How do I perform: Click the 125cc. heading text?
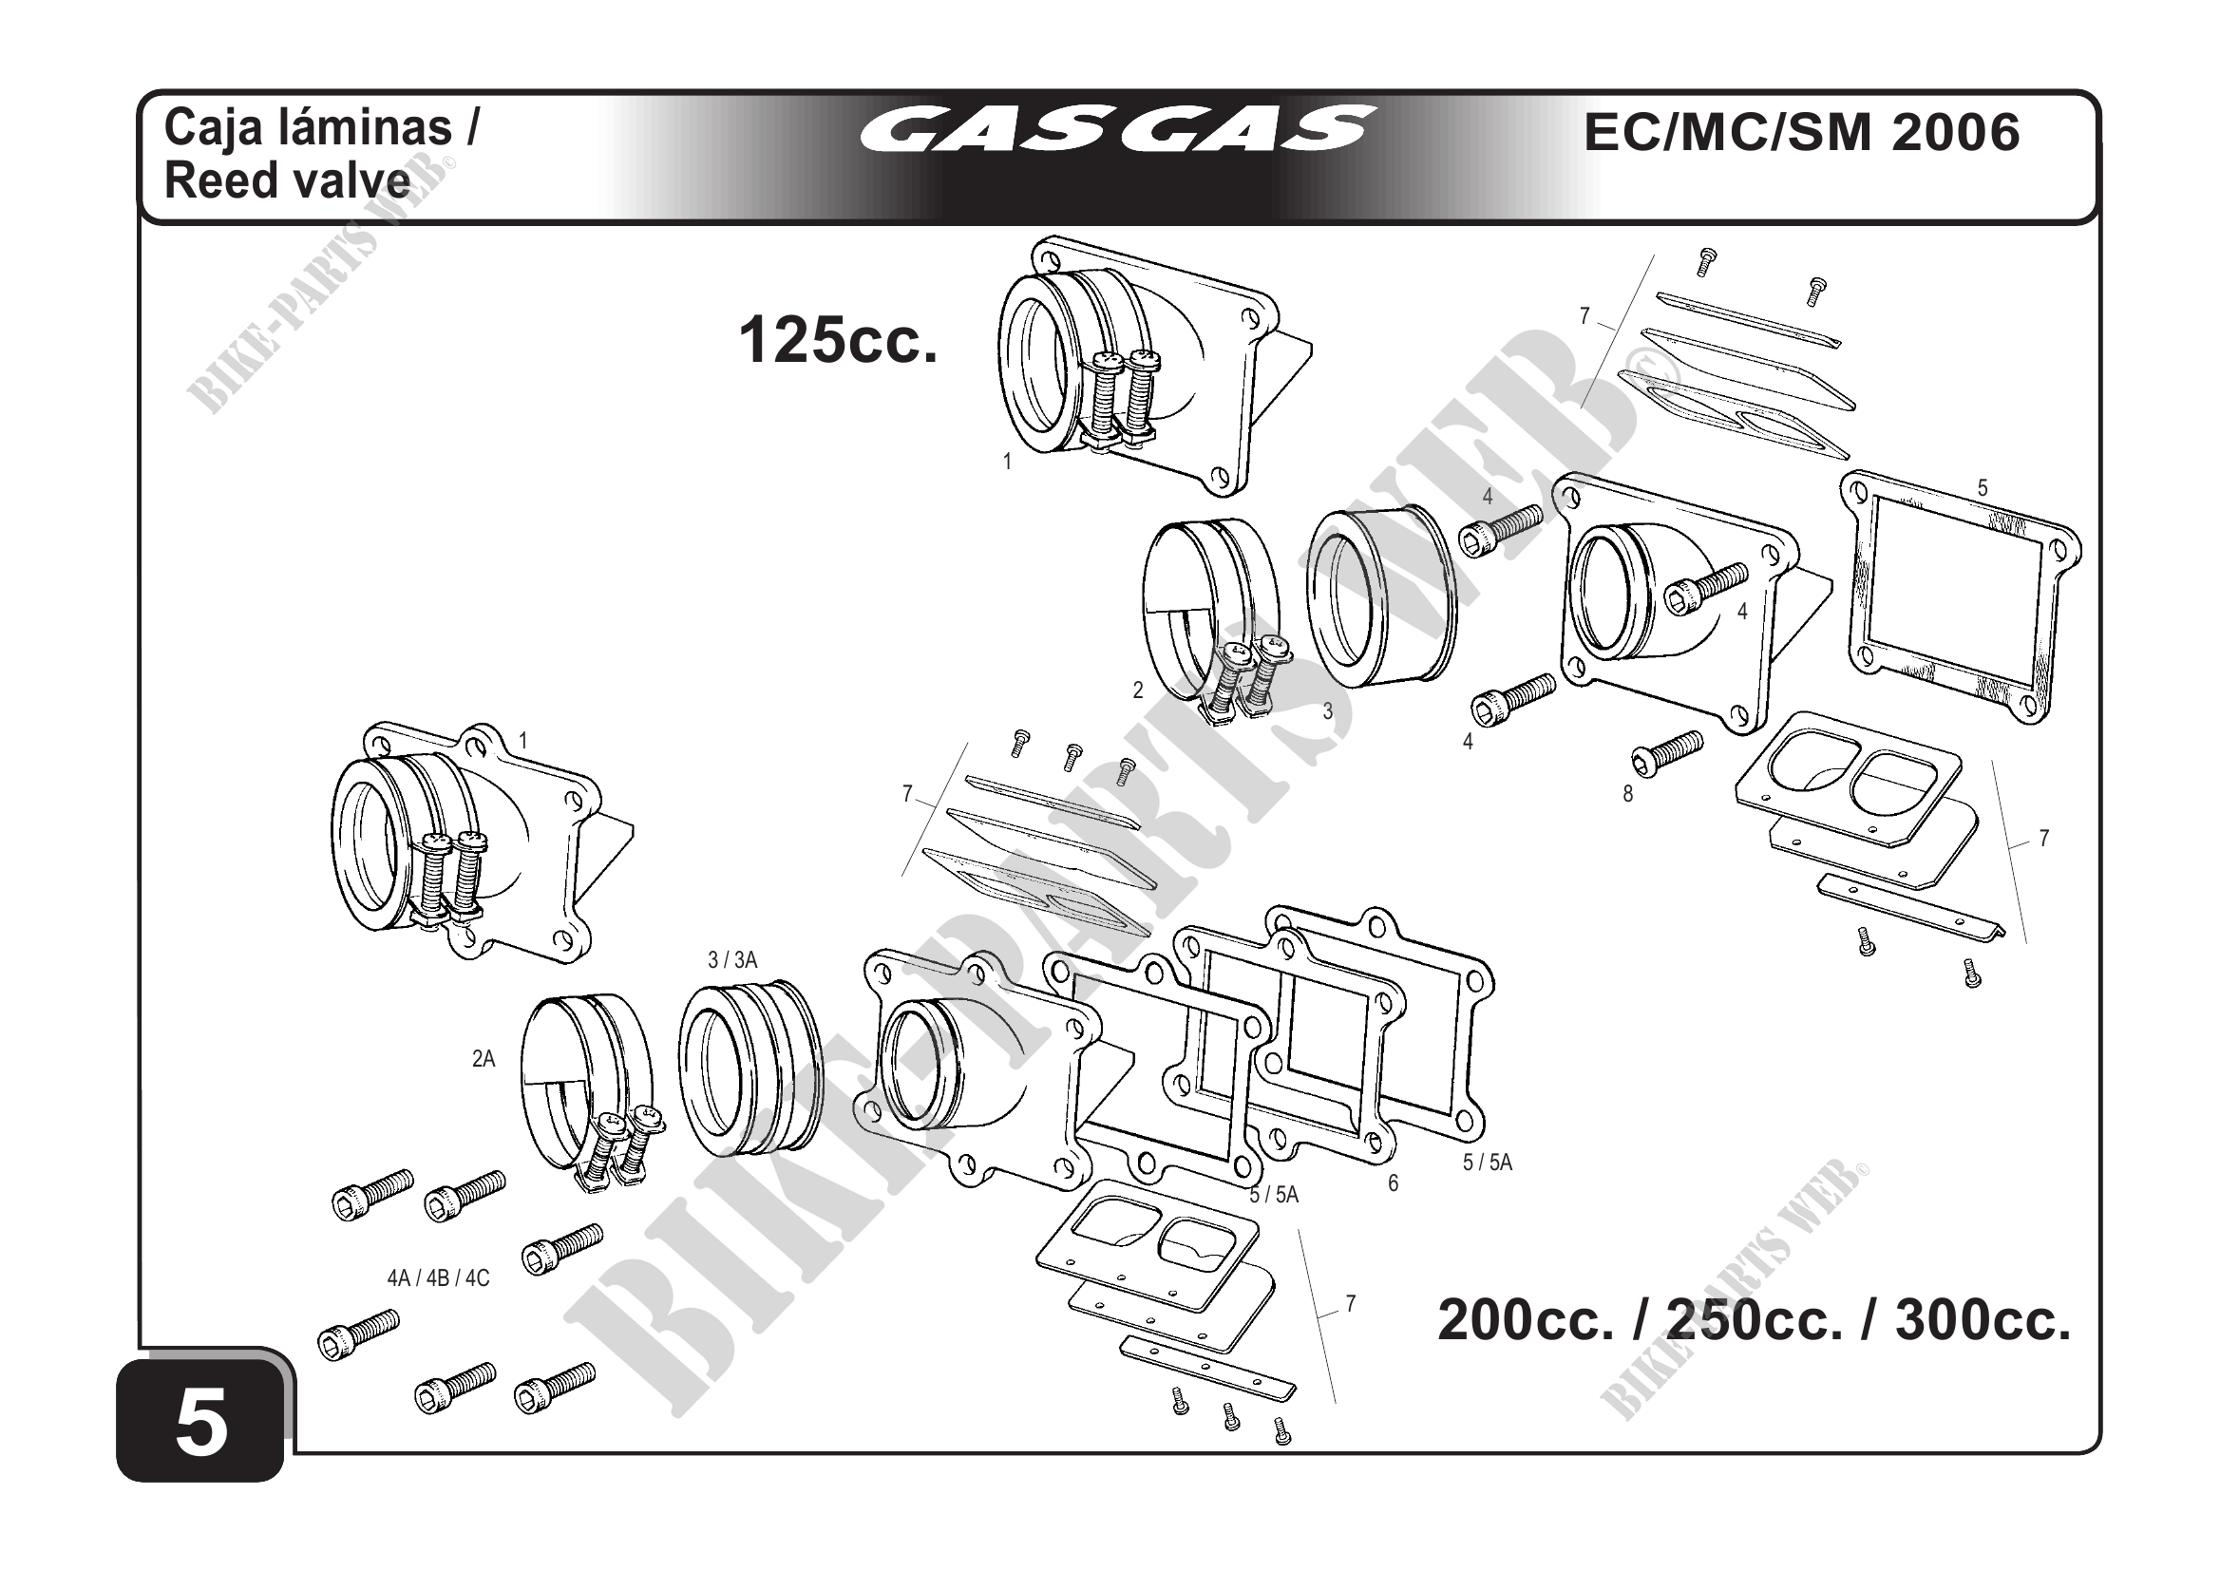(x=837, y=341)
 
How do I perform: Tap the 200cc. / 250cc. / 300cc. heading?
(x=1754, y=1319)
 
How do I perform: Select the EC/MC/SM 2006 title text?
(x=1801, y=132)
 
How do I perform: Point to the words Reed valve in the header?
(x=287, y=180)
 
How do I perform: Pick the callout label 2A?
(x=484, y=1060)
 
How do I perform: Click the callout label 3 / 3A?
(x=732, y=960)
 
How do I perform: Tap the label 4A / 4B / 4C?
(x=438, y=1278)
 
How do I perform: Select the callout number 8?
(x=1627, y=795)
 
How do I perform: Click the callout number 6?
(x=1393, y=1183)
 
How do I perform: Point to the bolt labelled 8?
(x=1667, y=751)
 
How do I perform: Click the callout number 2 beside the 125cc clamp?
(x=1138, y=690)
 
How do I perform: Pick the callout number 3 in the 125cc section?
(x=1328, y=711)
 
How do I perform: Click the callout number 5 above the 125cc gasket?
(x=1983, y=488)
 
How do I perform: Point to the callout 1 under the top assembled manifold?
(x=1007, y=463)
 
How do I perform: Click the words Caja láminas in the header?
(x=321, y=127)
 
